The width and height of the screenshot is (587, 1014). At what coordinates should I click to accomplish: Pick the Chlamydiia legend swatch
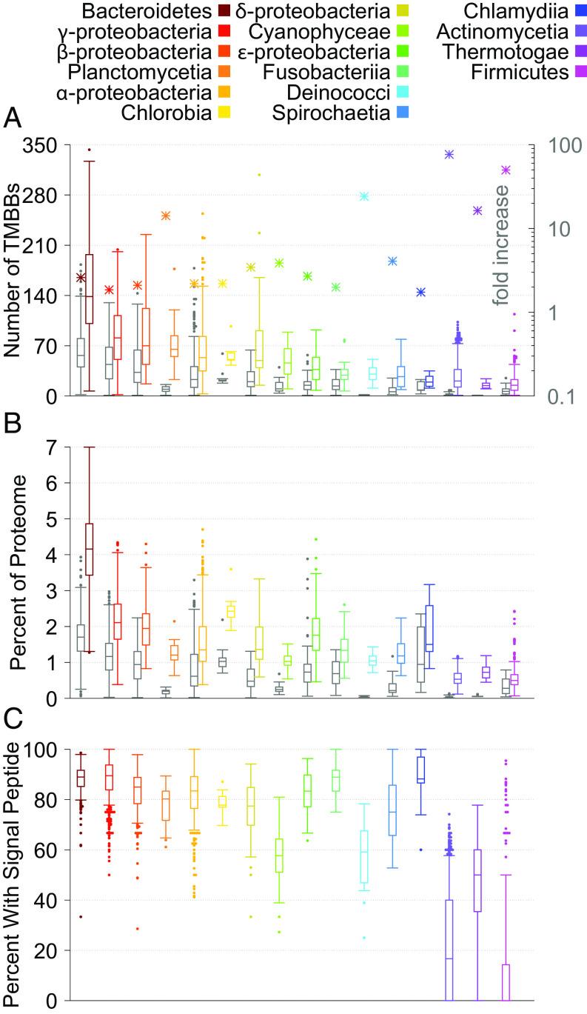pyautogui.click(x=579, y=12)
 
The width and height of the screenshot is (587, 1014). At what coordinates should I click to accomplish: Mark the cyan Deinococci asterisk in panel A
pyautogui.click(x=364, y=196)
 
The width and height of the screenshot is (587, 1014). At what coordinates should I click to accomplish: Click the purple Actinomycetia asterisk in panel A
pyautogui.click(x=449, y=154)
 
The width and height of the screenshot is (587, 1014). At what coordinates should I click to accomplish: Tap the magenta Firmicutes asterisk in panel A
pyautogui.click(x=506, y=170)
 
